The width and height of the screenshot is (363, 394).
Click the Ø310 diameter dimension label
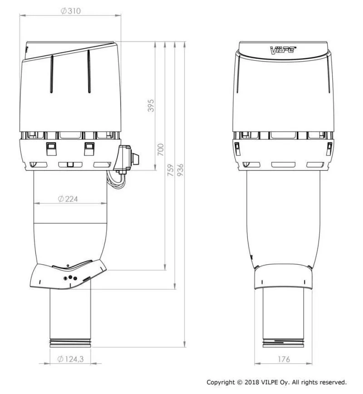70,11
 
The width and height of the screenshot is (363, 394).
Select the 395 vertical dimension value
152,105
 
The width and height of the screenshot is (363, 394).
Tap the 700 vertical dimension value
161,149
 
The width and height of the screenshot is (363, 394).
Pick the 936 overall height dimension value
180,170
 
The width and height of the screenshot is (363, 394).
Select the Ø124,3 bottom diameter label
70,359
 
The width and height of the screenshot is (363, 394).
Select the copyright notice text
276,382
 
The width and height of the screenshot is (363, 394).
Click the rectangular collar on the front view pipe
283,277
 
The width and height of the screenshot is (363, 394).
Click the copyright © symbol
239,382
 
